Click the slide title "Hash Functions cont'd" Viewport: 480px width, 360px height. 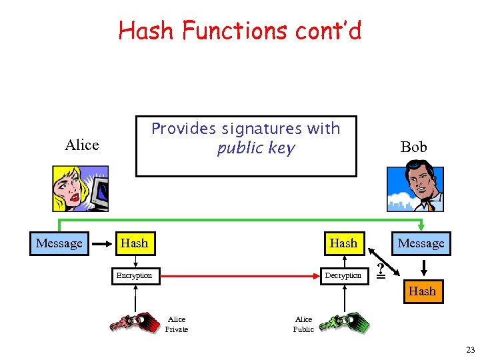point(240,31)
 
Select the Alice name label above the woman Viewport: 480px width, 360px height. point(82,145)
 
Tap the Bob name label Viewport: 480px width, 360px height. point(413,147)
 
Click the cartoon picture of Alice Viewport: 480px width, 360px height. point(80,189)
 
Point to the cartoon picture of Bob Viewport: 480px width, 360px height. point(415,189)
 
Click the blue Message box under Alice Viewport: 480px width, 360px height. point(59,243)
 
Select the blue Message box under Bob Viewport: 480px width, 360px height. point(421,243)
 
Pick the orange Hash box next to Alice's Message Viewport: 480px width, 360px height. point(134,243)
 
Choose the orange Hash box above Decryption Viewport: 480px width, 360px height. point(343,243)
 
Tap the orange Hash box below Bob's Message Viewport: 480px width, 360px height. point(422,291)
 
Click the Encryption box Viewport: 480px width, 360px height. point(134,275)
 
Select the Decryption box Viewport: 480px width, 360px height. point(343,275)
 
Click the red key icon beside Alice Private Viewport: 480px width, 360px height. point(129,323)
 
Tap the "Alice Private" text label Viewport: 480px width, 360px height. point(177,324)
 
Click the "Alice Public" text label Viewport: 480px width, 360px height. point(303,324)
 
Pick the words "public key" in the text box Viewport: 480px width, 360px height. point(255,148)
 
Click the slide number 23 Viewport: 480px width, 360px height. point(470,350)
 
